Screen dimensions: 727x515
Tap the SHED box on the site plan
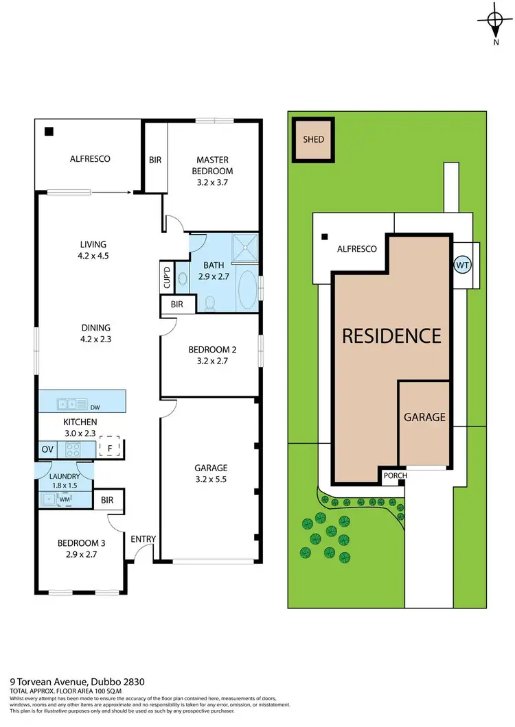click(x=314, y=139)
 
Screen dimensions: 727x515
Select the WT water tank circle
click(x=463, y=264)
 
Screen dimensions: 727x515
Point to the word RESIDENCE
click(x=391, y=336)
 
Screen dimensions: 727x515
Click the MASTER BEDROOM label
click(x=213, y=165)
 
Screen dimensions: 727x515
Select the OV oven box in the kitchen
click(x=47, y=449)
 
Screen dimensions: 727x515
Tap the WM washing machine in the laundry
click(x=65, y=499)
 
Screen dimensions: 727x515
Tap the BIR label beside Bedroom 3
click(x=107, y=501)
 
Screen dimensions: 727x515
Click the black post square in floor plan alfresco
click(x=49, y=132)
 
